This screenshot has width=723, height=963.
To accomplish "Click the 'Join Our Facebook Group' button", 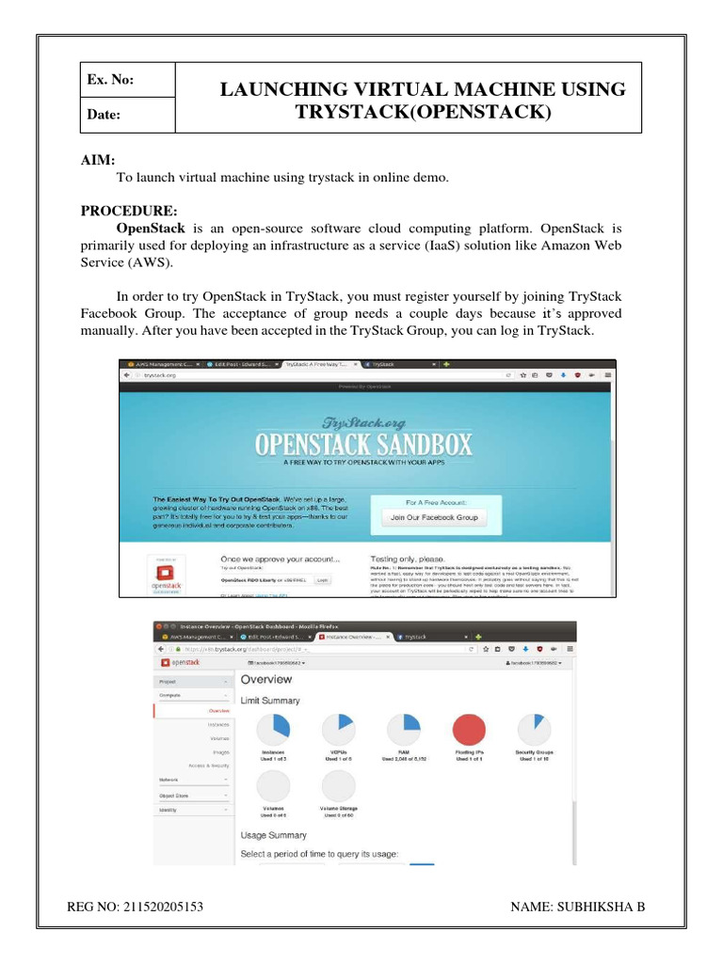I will tap(434, 517).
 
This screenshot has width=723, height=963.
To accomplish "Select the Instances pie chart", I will tap(273, 729).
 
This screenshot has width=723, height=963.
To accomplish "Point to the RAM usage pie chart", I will tap(403, 729).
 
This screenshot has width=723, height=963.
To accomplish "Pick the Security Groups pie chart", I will tap(533, 729).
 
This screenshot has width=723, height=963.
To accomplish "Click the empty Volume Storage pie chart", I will tap(338, 787).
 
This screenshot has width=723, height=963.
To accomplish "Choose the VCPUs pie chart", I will tap(338, 729).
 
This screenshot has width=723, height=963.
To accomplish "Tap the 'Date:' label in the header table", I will tap(104, 114).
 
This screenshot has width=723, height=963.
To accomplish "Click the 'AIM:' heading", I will tap(98, 161).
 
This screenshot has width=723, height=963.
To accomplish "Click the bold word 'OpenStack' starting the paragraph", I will tap(151, 229).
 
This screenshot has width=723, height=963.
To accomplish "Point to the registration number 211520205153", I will tap(162, 907).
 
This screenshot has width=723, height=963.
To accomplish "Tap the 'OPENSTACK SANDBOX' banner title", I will tap(364, 444).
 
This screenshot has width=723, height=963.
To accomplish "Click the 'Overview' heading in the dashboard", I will tap(265, 679).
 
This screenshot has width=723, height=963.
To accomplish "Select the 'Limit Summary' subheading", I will tap(270, 701).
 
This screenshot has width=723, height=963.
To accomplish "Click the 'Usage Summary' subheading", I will tap(273, 835).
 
